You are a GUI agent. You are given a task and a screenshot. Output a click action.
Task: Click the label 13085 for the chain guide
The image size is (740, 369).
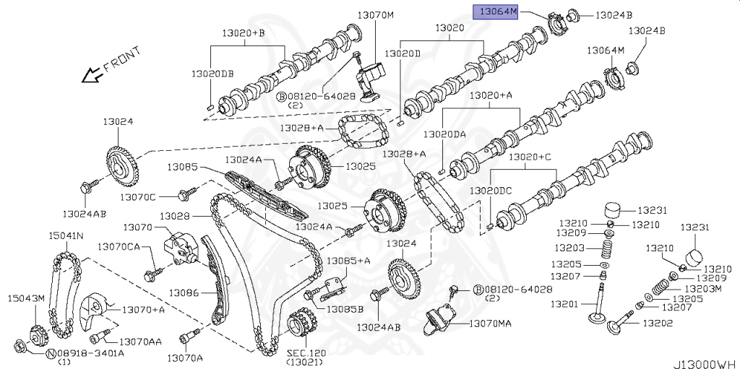pyautogui.click(x=183, y=167)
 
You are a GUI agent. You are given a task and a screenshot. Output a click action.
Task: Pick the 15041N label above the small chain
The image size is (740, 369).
pyautogui.click(x=66, y=235)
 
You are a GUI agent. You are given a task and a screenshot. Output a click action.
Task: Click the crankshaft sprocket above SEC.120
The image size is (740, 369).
pyautogui.click(x=304, y=326)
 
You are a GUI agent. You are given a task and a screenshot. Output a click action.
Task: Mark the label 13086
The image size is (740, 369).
pyautogui.click(x=184, y=292)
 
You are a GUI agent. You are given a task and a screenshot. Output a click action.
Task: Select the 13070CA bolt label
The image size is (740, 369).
pyautogui.click(x=120, y=246)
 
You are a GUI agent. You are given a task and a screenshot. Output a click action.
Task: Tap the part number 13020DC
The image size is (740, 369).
pyautogui.click(x=491, y=191)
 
